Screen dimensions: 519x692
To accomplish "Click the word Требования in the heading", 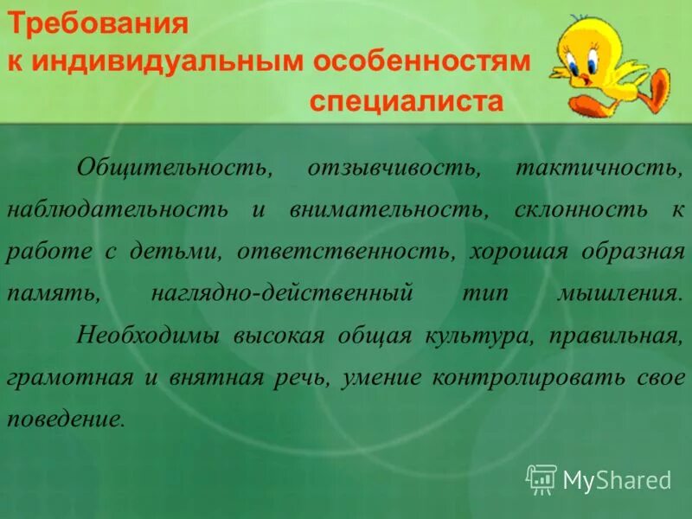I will [99, 23].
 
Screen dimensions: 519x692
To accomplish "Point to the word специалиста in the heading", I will [406, 102].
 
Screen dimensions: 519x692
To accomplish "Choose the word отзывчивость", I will [394, 167].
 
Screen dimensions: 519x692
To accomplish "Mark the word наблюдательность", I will [118, 209].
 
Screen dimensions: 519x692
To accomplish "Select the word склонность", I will [580, 209].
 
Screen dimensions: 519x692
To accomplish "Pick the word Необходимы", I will [149, 336].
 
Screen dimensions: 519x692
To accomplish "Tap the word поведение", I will [66, 420].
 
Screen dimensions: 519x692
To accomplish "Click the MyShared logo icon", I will [541, 477].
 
